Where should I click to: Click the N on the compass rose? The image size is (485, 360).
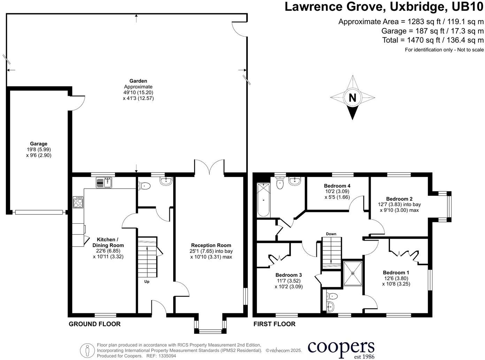point(352,98)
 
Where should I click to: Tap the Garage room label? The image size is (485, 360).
point(38,144)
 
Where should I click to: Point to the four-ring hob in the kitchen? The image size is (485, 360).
point(78,202)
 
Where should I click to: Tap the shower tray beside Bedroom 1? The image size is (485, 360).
point(353,273)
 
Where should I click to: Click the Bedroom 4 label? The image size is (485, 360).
point(337,186)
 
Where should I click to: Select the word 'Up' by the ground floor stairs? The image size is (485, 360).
point(147,282)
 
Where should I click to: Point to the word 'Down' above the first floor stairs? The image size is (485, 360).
point(331,234)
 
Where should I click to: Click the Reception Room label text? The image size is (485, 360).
point(211,245)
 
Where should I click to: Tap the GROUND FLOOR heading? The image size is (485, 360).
point(94,324)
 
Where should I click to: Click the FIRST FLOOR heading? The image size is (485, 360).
point(274,324)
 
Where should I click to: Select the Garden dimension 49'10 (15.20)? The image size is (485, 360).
point(138,93)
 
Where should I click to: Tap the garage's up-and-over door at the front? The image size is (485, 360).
point(39,212)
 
